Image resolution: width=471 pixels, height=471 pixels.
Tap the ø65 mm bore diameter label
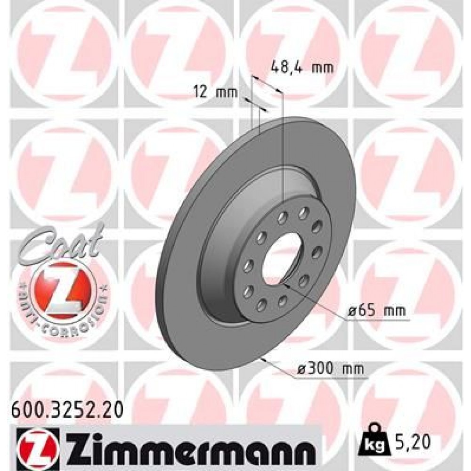(375, 311)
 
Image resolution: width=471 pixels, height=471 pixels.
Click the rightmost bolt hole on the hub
(316, 250)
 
